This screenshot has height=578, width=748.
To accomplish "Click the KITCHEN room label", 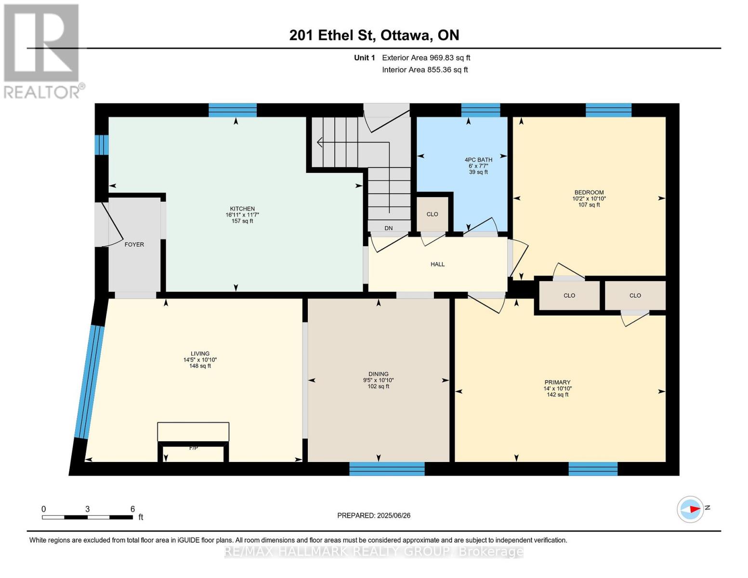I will click(x=242, y=209).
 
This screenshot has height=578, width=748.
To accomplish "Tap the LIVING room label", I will click(x=200, y=354).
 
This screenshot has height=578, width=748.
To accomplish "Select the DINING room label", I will click(x=378, y=374).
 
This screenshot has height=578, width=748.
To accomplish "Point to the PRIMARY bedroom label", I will click(x=557, y=382).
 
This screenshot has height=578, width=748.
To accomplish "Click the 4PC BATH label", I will click(x=478, y=159).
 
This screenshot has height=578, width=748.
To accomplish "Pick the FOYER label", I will click(x=134, y=244).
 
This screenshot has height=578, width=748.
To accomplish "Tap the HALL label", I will click(x=437, y=264).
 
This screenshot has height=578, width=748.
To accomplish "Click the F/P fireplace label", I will click(x=193, y=448).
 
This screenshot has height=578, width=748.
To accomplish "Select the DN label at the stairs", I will click(x=388, y=228).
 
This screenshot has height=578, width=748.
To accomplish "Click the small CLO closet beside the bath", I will click(x=432, y=214).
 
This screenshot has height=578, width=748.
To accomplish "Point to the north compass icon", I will click(x=690, y=509).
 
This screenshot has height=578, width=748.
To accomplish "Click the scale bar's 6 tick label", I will click(x=132, y=509).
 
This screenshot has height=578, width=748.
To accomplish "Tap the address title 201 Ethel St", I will click(x=374, y=35).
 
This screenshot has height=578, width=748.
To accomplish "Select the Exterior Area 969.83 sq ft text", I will click(x=426, y=58).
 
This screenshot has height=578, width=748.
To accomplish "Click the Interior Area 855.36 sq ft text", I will click(x=425, y=70).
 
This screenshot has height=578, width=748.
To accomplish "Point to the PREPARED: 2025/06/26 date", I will click(x=374, y=515).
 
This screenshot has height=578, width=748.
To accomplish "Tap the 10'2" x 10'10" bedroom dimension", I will click(x=589, y=198).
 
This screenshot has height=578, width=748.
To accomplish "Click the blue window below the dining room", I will click(x=387, y=468).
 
